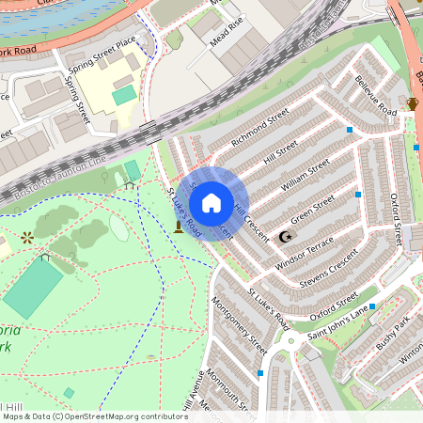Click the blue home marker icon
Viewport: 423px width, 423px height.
[x=211, y=202]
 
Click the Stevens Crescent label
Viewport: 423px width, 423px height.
[x=329, y=268]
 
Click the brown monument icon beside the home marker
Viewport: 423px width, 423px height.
[x=178, y=227]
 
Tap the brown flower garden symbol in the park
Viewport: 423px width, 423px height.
[x=26, y=237]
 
